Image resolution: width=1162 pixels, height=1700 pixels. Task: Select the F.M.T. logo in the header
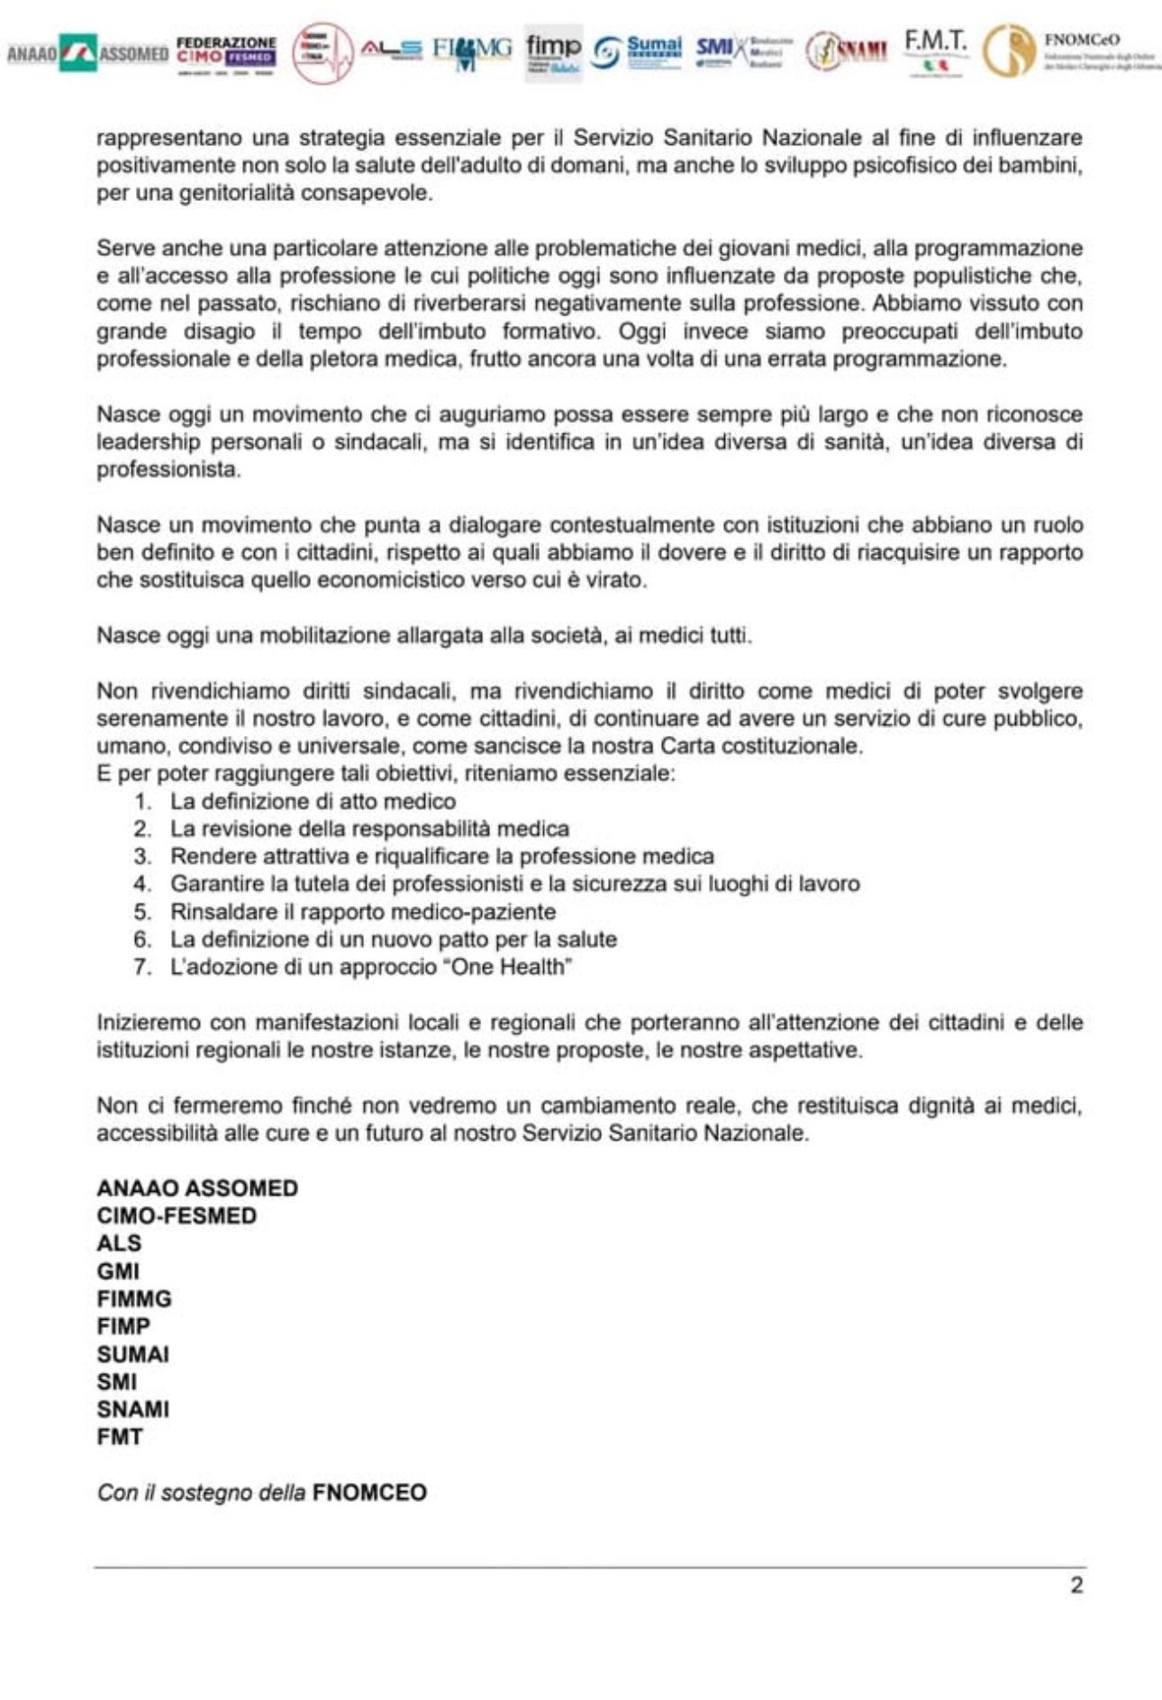[x=936, y=51]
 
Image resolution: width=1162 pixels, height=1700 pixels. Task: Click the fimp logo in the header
[x=554, y=52]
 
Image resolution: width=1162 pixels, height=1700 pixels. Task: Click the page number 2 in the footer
[x=1076, y=1585]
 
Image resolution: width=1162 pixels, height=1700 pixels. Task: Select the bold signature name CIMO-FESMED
[x=177, y=1215]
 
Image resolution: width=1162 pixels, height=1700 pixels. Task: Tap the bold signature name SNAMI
[x=133, y=1409]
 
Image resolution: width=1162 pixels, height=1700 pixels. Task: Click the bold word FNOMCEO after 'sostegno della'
[x=369, y=1492]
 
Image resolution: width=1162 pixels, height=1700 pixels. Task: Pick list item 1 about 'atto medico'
[x=313, y=801]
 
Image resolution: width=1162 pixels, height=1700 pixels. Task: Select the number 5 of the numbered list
[x=142, y=912]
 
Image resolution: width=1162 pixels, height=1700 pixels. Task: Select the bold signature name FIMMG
[x=134, y=1298]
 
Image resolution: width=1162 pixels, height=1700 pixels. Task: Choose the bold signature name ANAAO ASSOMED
[x=197, y=1187]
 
